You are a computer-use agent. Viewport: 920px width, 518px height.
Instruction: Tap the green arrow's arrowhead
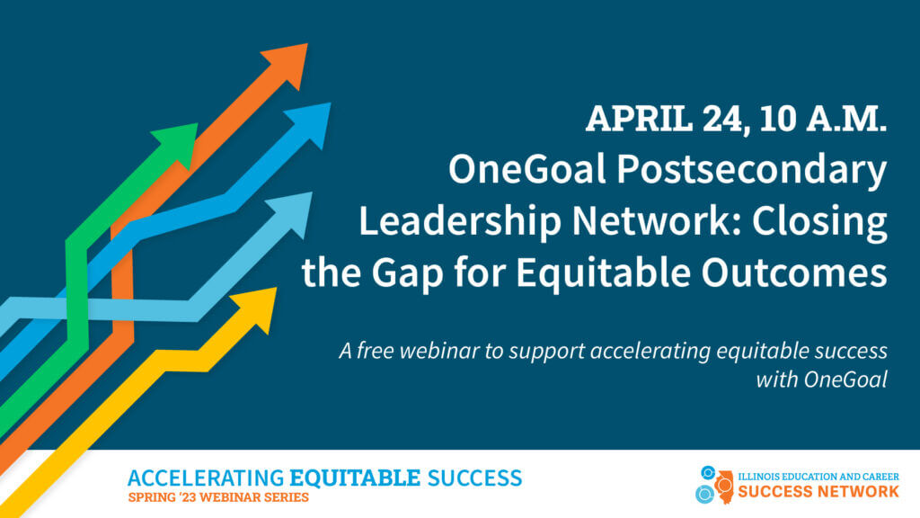179,143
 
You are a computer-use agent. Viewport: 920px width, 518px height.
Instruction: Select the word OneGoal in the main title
526,169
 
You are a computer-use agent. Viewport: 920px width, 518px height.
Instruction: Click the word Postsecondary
752,171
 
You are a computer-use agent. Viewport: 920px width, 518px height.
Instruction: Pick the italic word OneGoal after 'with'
845,380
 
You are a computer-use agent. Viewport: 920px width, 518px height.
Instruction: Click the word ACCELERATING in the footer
206,478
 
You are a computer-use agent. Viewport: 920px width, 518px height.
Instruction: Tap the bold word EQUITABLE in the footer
356,478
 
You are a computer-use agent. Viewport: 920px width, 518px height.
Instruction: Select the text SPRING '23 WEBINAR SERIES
218,497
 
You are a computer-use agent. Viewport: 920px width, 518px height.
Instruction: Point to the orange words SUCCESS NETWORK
818,491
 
